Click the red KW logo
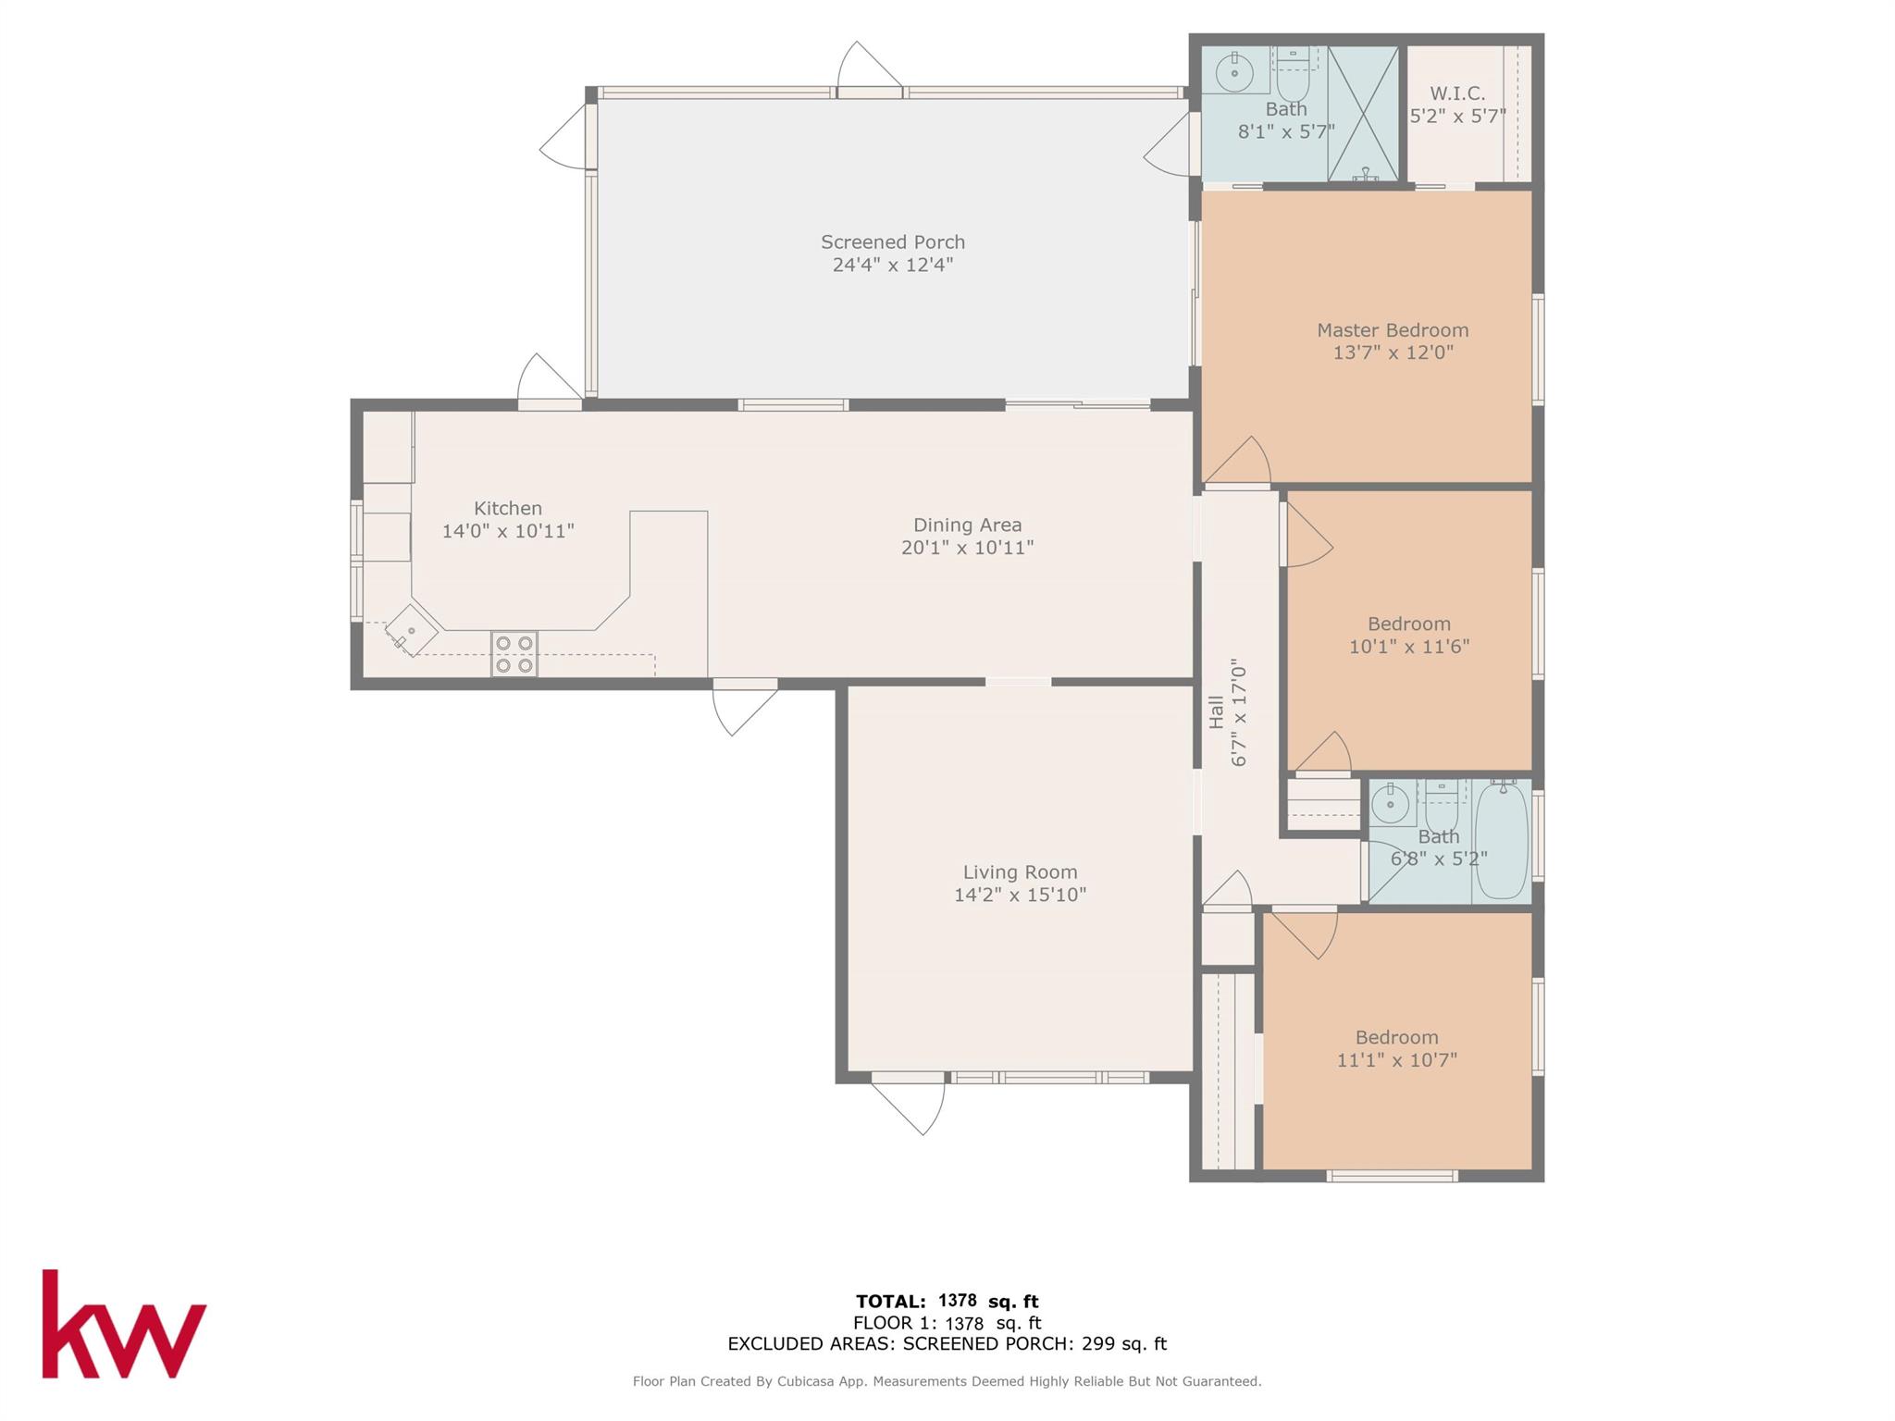tap(124, 1324)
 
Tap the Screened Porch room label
tap(893, 242)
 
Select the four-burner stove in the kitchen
tap(514, 654)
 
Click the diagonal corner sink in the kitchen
tap(412, 631)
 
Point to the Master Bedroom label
tap(1393, 330)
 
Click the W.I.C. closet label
tap(1457, 93)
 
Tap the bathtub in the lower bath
tap(1502, 840)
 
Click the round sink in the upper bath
tap(1234, 71)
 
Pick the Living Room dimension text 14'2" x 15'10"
tap(1021, 895)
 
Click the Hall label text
tap(1216, 712)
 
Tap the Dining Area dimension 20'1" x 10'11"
tap(968, 547)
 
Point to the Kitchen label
tap(508, 508)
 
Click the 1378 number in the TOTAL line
tap(958, 1300)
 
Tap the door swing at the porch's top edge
tap(869, 67)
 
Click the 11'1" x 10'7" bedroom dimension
tap(1397, 1060)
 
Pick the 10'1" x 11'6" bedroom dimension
tap(1409, 647)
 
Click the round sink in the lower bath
tap(1390, 804)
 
